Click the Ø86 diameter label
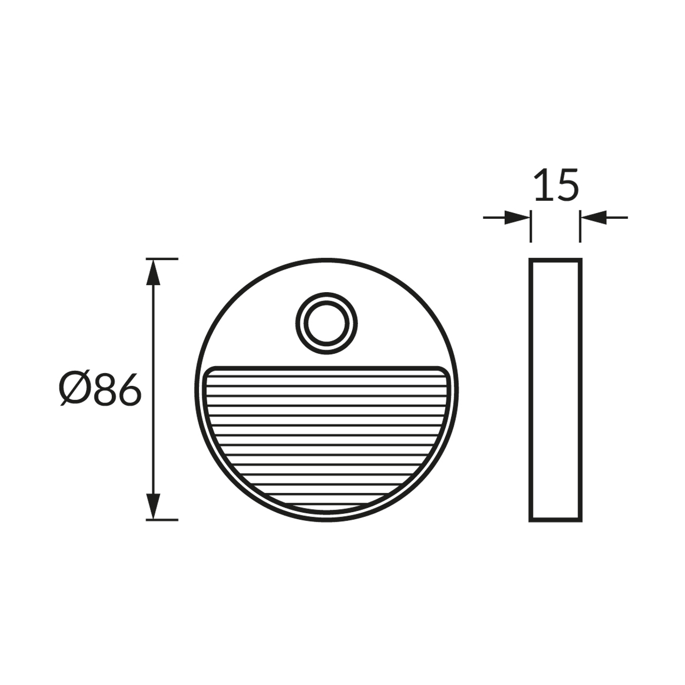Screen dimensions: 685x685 [x=100, y=390]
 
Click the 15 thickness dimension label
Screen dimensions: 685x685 [x=557, y=185]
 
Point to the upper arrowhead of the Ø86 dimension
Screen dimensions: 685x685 [x=153, y=272]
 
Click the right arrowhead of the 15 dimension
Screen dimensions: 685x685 [x=593, y=217]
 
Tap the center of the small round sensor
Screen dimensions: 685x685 [x=326, y=323]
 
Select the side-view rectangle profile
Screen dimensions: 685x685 [x=555, y=390]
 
